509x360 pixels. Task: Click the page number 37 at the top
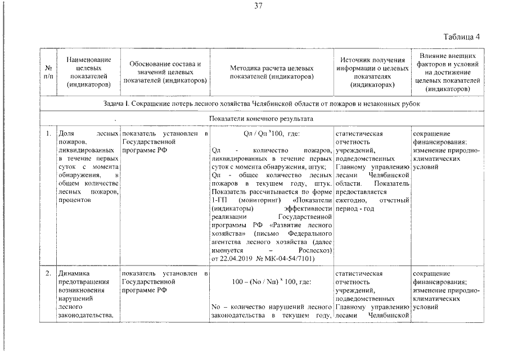coord(258,7)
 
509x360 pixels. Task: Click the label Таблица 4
coord(461,38)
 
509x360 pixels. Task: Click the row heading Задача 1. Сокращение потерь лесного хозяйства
coord(262,104)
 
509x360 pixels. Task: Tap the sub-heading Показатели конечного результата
coord(262,119)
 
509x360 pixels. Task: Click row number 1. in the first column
coord(49,134)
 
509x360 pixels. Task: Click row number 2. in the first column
coord(49,273)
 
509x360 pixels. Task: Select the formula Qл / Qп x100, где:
coord(272,134)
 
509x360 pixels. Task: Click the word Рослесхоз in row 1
coord(312,250)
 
